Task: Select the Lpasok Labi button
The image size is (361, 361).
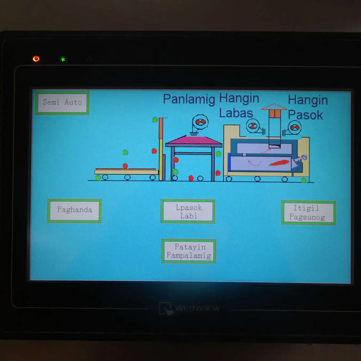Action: (188, 211)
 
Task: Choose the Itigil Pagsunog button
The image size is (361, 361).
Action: (308, 212)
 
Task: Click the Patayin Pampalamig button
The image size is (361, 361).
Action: (189, 251)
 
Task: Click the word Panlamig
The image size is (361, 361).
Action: (189, 99)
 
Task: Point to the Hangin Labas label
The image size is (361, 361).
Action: (238, 105)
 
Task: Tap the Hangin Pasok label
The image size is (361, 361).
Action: (307, 107)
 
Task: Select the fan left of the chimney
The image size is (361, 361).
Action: (253, 126)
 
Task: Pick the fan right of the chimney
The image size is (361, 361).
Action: (294, 127)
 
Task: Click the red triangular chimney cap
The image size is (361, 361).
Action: (274, 106)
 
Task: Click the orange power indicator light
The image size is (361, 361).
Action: (36, 59)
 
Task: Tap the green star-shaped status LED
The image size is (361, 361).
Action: (63, 59)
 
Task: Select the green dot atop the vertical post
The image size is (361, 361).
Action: (155, 120)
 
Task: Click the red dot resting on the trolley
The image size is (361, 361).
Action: (125, 166)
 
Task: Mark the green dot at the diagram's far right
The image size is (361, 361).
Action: (303, 180)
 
